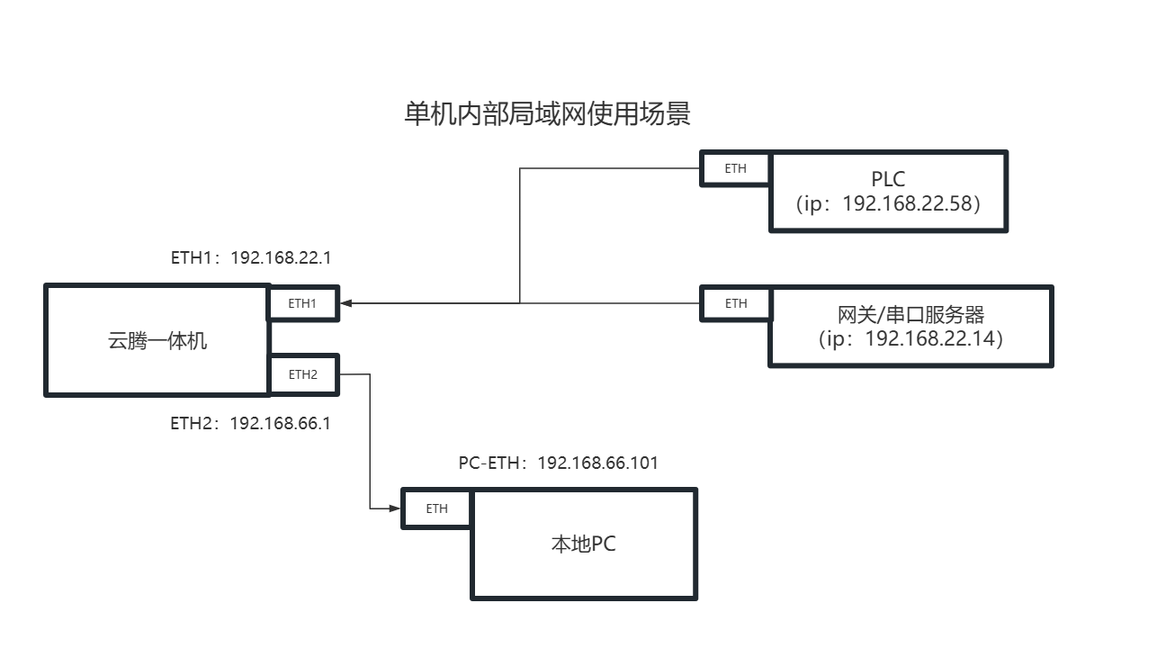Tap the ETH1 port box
(302, 303)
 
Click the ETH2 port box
(302, 374)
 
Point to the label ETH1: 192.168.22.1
(251, 257)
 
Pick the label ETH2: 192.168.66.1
(250, 422)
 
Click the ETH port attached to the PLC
(735, 168)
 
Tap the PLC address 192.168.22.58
(909, 203)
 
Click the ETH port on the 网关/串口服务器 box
(735, 303)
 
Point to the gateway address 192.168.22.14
(932, 339)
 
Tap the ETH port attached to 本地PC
(436, 508)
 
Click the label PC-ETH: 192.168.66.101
(558, 463)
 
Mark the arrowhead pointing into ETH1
(346, 303)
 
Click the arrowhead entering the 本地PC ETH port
(395, 508)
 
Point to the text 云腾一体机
(157, 341)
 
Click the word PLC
(887, 180)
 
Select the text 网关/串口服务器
(910, 315)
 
